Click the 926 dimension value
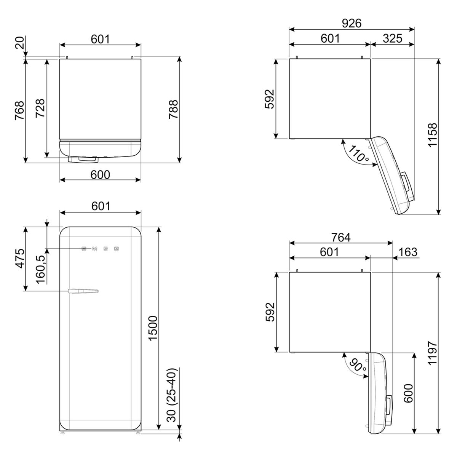(x=352, y=23)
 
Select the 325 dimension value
(x=393, y=38)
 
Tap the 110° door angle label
(x=359, y=154)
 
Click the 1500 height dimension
(x=152, y=331)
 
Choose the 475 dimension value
(x=20, y=258)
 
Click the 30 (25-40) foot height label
(x=171, y=395)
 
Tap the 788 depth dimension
(x=173, y=109)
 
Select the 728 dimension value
(x=40, y=108)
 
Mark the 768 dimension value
(x=19, y=110)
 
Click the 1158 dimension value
(x=432, y=135)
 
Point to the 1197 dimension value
(x=432, y=352)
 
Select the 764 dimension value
(x=341, y=237)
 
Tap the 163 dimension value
(x=408, y=252)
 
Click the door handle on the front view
(x=83, y=291)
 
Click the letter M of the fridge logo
(x=94, y=249)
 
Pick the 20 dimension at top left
(x=19, y=43)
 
